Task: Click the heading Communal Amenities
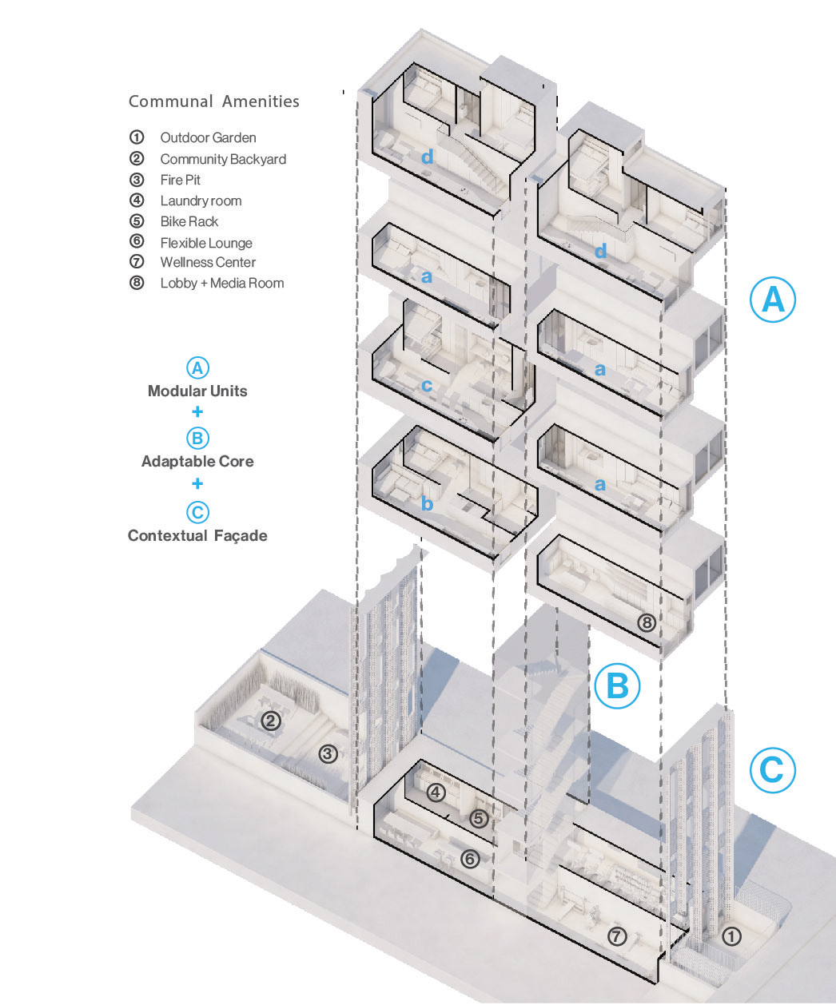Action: click(x=213, y=101)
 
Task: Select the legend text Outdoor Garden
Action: click(x=208, y=137)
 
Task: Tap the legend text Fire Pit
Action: click(x=180, y=180)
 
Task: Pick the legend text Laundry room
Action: click(x=201, y=201)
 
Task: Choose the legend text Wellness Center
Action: click(x=208, y=262)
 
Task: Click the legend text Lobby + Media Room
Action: click(x=221, y=283)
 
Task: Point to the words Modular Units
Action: click(x=197, y=391)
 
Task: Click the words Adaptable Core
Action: click(x=197, y=461)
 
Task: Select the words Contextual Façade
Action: click(x=197, y=535)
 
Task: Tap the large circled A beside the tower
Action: click(x=773, y=300)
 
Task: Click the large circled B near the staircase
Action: click(x=617, y=685)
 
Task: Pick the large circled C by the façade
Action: click(x=772, y=770)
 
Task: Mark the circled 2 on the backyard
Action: click(x=271, y=721)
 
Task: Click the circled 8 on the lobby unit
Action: click(x=646, y=622)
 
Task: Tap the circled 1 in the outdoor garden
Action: click(x=731, y=937)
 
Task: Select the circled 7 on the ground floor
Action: click(x=617, y=937)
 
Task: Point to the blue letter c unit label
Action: click(x=427, y=386)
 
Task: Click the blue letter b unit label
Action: click(x=427, y=503)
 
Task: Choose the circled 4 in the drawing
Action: click(x=436, y=792)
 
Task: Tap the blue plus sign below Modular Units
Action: click(x=197, y=412)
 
